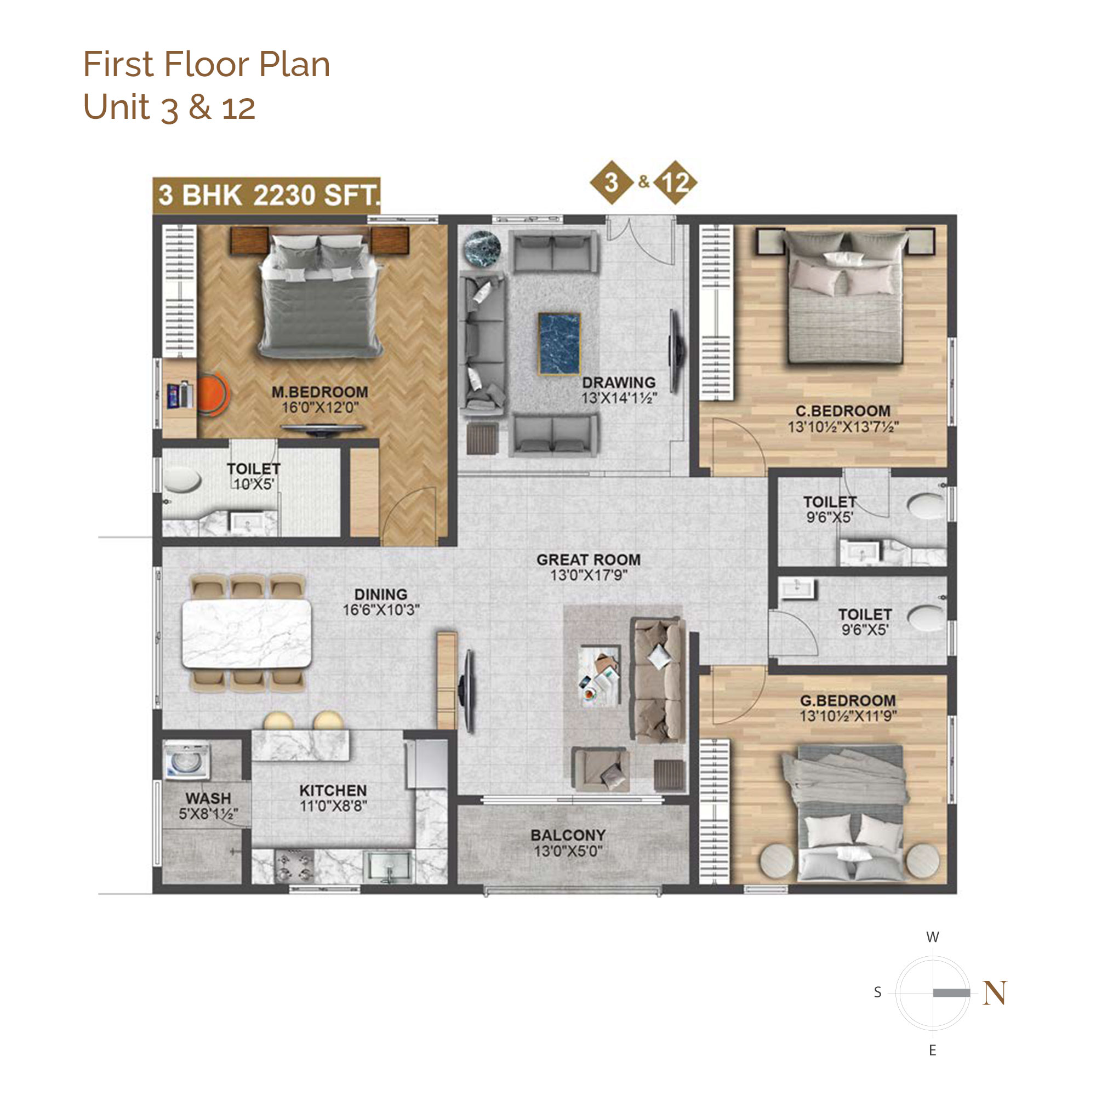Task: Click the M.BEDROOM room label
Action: click(319, 392)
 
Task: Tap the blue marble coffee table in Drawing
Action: click(560, 344)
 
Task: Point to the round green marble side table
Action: click(482, 248)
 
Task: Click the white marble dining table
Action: click(246, 633)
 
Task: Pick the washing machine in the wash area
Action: click(187, 761)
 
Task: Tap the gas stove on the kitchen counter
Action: click(294, 867)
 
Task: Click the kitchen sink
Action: click(389, 867)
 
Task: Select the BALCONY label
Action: click(568, 835)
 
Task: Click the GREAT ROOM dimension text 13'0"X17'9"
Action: click(588, 575)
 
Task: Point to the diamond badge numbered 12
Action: click(675, 182)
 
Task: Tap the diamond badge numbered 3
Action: click(612, 182)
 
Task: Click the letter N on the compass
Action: click(995, 994)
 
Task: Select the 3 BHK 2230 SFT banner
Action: click(267, 196)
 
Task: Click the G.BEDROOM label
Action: click(848, 700)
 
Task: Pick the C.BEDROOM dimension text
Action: click(843, 426)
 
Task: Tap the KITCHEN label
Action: click(333, 790)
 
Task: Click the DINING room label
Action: click(381, 594)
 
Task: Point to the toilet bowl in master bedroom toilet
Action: click(182, 480)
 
